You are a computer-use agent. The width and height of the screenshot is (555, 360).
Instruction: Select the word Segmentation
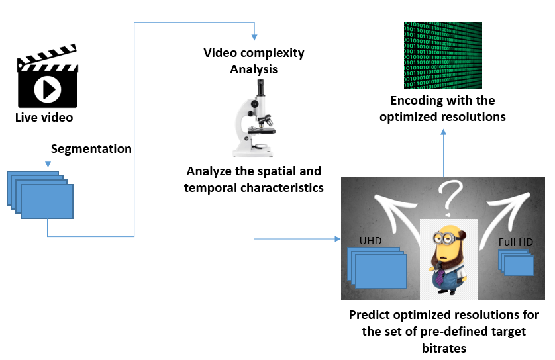tap(91, 148)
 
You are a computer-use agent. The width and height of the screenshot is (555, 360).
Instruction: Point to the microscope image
tap(253, 117)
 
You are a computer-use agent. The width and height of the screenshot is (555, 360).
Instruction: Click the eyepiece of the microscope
tap(262, 86)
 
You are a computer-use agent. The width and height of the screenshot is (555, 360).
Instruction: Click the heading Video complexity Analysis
tap(253, 60)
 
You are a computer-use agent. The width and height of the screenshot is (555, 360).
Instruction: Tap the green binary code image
tap(443, 56)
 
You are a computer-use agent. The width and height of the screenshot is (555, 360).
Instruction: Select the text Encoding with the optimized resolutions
tap(442, 109)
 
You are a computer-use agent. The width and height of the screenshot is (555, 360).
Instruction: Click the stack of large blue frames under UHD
tap(378, 268)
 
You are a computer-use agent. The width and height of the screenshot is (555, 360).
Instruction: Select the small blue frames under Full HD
tap(517, 263)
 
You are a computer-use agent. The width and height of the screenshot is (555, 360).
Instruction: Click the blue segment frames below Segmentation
tap(40, 195)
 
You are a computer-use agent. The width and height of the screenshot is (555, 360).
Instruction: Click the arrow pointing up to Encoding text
tap(443, 132)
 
